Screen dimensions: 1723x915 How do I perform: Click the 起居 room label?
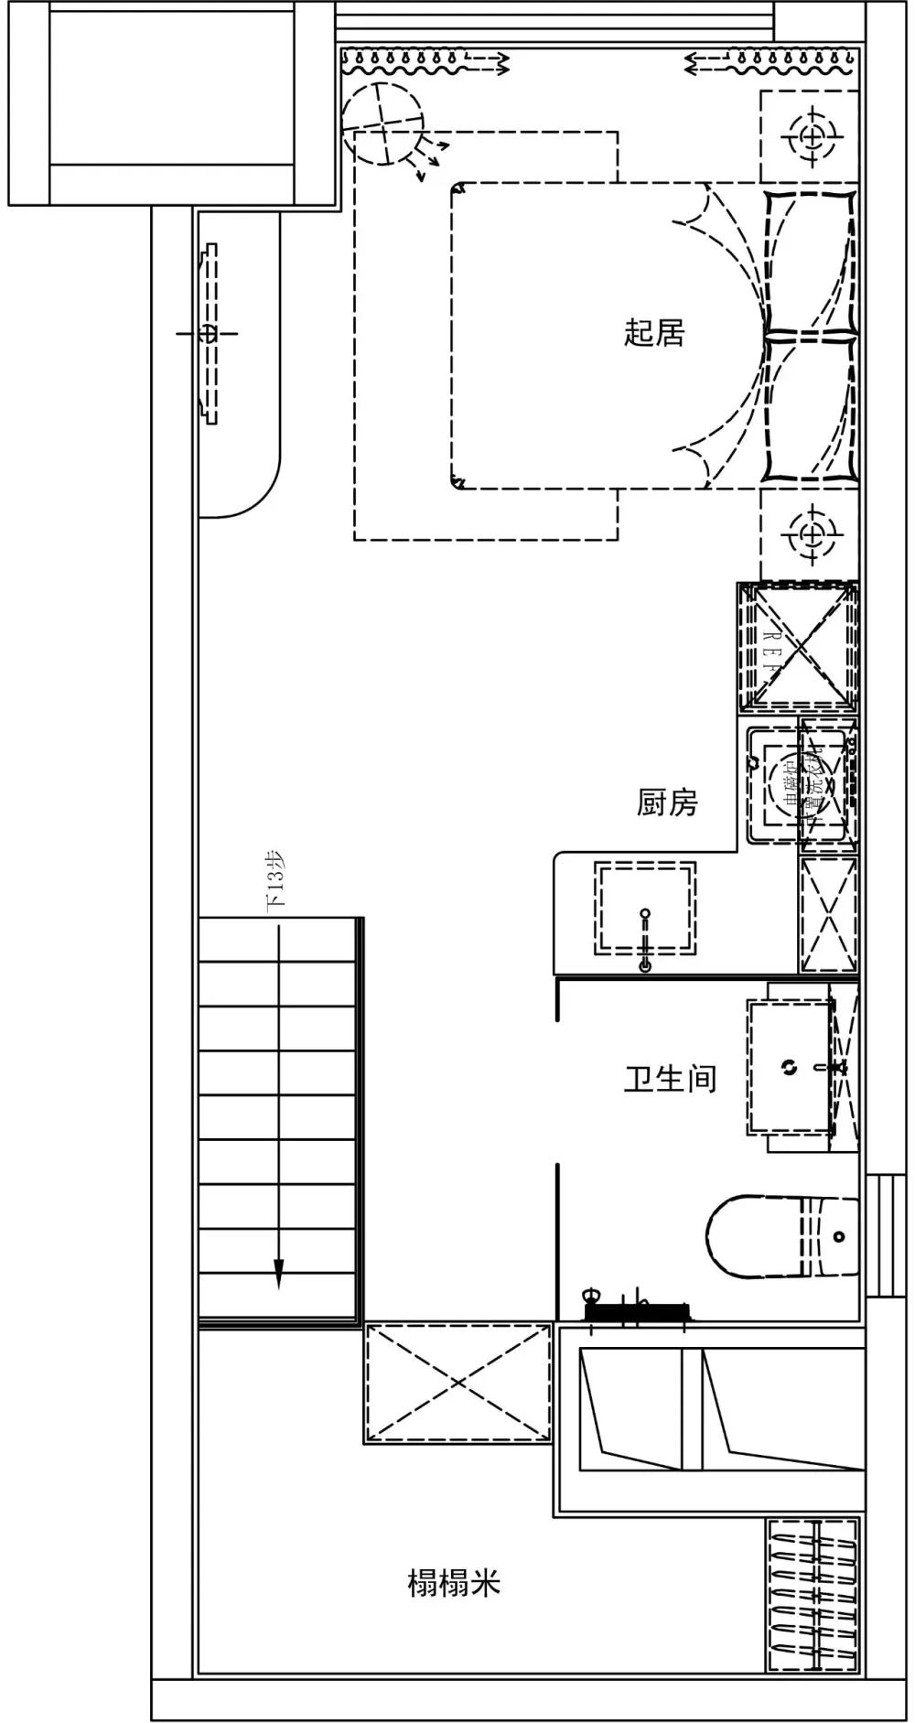pyautogui.click(x=654, y=332)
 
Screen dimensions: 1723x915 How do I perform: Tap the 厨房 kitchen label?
pyautogui.click(x=667, y=802)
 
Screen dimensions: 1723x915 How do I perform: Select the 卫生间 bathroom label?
pyautogui.click(x=670, y=1078)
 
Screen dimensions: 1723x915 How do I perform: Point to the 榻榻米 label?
pyautogui.click(x=454, y=1581)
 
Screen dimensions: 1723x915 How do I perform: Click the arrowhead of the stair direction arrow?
pyautogui.click(x=279, y=1275)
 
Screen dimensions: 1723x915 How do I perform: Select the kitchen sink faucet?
pyautogui.click(x=645, y=938)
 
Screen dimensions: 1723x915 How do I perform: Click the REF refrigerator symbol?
pyautogui.click(x=798, y=647)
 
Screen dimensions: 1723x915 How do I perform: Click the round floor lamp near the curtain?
pyautogui.click(x=384, y=123)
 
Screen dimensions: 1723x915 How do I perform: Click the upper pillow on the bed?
pyautogui.click(x=810, y=261)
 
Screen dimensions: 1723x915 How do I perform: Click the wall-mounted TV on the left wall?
pyautogui.click(x=210, y=333)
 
